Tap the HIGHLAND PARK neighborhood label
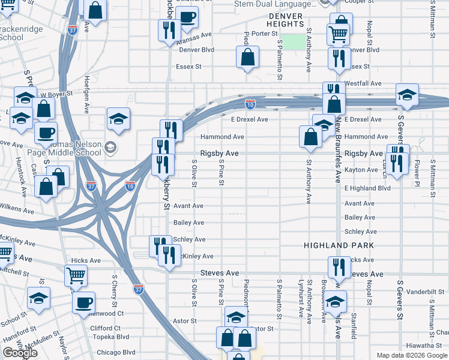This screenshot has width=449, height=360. (x=339, y=246)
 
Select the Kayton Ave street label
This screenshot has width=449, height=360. (x=361, y=170)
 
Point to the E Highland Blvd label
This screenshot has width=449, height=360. (x=367, y=188)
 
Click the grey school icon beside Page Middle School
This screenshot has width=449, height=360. (x=110, y=146)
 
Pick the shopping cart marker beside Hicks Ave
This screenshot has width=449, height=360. (x=76, y=276)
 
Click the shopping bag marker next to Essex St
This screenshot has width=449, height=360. (x=247, y=58)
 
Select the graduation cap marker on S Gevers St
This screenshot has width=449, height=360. (x=407, y=95)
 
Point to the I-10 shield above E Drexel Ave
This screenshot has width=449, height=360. (x=250, y=104)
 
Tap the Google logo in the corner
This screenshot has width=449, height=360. (x=20, y=353)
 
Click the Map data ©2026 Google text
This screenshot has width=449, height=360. (x=412, y=355)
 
